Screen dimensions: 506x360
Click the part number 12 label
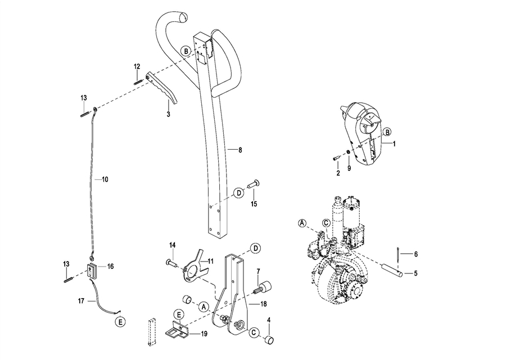[x=137, y=66]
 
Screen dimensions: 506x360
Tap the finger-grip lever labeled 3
[x=162, y=88]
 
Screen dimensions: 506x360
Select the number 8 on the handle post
[x=240, y=150]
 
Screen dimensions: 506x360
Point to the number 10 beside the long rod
[x=105, y=179]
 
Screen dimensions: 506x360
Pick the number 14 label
[x=173, y=245]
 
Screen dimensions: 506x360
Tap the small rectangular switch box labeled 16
[x=92, y=270]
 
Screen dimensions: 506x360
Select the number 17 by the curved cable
[x=81, y=301]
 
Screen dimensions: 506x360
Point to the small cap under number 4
[x=269, y=340]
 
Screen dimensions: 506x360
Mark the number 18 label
[x=264, y=304]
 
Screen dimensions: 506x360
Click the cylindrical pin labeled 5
[x=392, y=269]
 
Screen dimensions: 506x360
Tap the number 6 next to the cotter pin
[x=416, y=254]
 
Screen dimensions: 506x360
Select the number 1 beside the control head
[x=394, y=144]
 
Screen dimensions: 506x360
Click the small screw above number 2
[x=336, y=158]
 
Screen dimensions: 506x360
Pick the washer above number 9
[x=348, y=152]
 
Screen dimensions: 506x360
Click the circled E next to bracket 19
[x=178, y=315]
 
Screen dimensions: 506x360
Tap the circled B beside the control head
[x=387, y=132]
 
